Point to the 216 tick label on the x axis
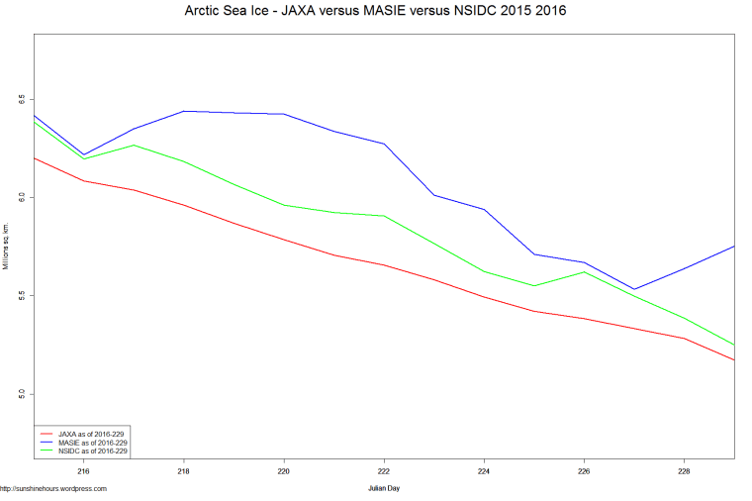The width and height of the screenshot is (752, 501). (x=84, y=472)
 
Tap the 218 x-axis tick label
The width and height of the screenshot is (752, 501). (x=184, y=472)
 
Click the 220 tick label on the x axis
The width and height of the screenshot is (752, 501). (x=285, y=472)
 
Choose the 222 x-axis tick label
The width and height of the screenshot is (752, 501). (x=385, y=472)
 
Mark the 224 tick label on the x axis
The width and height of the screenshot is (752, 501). (x=485, y=472)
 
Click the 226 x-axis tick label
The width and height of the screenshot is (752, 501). (x=585, y=472)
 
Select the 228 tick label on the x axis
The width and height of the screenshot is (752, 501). (x=685, y=472)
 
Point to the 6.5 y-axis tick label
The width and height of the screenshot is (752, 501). (x=19, y=99)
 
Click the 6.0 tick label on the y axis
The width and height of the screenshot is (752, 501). (x=19, y=197)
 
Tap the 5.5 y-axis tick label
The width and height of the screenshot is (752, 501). (x=19, y=295)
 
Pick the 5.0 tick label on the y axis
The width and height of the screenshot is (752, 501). (x=19, y=394)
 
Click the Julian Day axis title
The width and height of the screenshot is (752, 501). (x=384, y=488)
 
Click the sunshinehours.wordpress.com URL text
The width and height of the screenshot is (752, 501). (x=53, y=488)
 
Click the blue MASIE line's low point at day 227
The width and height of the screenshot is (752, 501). (x=634, y=289)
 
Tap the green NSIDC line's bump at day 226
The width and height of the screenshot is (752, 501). (x=585, y=271)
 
